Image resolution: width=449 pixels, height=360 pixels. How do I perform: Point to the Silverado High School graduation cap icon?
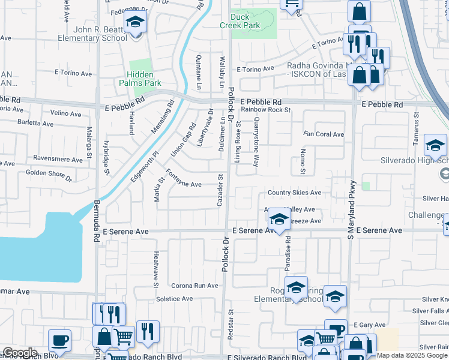point(436,145)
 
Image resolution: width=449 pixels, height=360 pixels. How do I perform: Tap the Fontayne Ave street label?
point(183,181)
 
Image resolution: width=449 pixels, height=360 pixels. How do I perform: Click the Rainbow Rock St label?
point(266,110)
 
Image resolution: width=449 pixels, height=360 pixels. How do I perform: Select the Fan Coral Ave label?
point(324,134)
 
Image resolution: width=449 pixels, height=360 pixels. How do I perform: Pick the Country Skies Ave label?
point(295,193)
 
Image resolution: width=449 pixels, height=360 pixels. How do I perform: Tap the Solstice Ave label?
point(175,298)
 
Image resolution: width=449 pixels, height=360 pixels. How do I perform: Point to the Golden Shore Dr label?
point(49,175)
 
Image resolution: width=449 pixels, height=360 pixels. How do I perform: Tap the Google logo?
point(20,353)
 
